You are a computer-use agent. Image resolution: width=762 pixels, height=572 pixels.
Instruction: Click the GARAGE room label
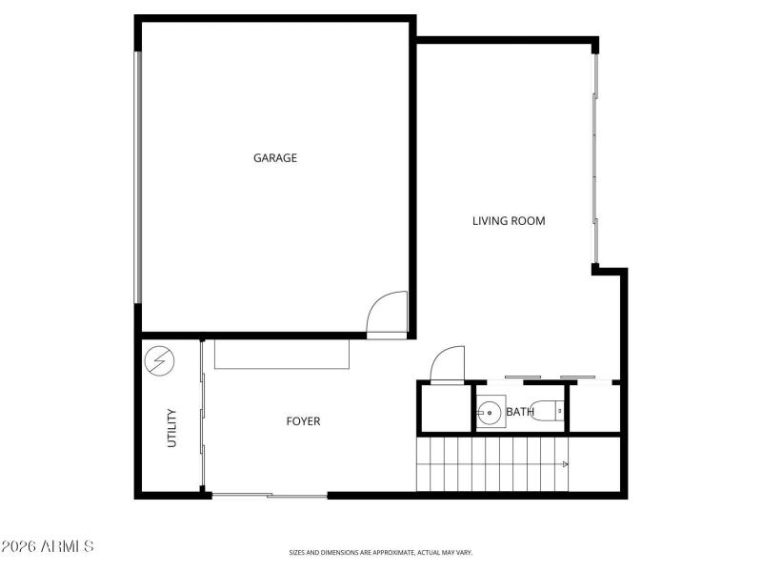click(x=274, y=158)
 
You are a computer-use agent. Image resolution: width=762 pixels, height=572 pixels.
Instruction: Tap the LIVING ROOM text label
click(x=509, y=221)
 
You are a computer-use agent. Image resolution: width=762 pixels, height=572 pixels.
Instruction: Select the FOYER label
click(x=303, y=421)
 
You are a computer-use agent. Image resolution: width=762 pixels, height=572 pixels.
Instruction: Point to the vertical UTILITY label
click(x=172, y=428)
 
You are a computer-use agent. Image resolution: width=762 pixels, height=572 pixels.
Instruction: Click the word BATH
click(x=519, y=412)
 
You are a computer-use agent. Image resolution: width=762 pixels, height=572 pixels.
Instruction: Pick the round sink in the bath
click(x=491, y=413)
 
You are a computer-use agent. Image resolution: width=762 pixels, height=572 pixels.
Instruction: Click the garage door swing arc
click(x=387, y=312)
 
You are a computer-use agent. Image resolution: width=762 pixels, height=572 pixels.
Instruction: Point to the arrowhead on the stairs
click(x=566, y=464)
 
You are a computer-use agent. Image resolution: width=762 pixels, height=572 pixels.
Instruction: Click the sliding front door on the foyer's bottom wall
click(x=270, y=495)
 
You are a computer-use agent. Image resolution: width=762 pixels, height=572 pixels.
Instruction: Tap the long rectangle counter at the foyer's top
click(x=282, y=355)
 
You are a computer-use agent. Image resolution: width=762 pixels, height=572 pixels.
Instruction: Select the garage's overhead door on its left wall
click(x=138, y=177)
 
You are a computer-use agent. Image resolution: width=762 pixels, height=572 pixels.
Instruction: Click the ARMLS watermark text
click(x=48, y=547)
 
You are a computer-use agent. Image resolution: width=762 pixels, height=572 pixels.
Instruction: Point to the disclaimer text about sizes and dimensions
click(x=381, y=552)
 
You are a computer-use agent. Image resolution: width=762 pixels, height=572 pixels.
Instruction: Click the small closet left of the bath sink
click(x=445, y=408)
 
